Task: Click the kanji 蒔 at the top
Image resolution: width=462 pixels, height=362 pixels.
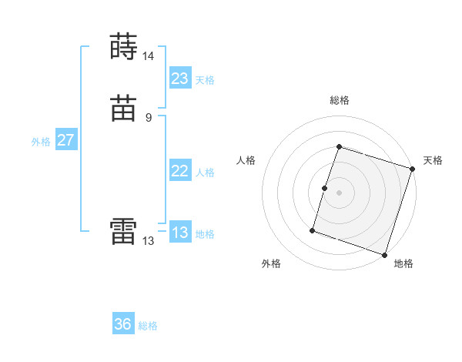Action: (124, 47)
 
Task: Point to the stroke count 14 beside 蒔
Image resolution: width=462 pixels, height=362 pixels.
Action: (148, 56)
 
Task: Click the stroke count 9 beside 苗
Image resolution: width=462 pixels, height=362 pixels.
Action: (148, 118)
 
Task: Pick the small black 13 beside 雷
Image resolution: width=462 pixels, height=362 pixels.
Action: (148, 241)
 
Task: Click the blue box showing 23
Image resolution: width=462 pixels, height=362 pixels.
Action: (180, 79)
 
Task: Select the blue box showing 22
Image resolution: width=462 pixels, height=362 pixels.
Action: (180, 171)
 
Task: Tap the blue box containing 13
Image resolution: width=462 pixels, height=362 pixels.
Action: (180, 233)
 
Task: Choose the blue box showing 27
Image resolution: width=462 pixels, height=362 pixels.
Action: (65, 140)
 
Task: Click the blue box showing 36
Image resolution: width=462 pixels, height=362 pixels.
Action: (123, 324)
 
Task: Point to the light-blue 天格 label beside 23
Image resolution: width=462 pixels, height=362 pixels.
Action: (205, 80)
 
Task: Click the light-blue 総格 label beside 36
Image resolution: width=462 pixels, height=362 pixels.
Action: (148, 326)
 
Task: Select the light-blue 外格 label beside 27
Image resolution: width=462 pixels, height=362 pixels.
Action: (41, 142)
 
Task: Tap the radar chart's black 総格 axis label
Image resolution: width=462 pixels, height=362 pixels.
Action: (339, 100)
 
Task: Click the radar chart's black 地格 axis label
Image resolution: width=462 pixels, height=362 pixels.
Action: (403, 263)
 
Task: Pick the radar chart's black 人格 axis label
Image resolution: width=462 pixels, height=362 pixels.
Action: (246, 160)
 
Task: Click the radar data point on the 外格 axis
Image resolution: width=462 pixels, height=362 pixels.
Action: (313, 230)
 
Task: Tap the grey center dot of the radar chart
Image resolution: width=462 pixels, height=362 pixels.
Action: (339, 193)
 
